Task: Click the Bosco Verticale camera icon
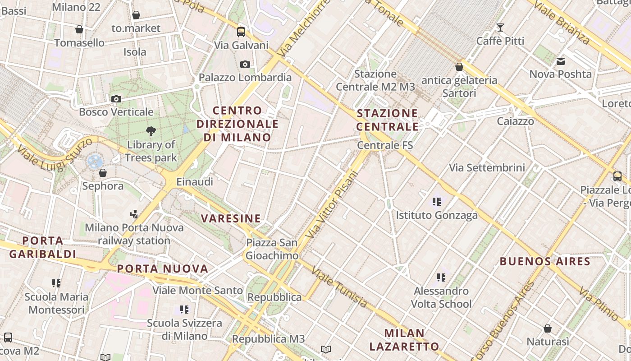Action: (x=116, y=99)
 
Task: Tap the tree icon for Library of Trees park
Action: (x=151, y=131)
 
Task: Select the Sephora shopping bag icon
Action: (x=103, y=173)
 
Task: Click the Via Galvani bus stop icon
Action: (x=241, y=32)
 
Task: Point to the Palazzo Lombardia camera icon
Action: (x=245, y=65)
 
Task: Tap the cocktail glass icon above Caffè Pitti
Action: (x=500, y=28)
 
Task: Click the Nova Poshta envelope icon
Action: (x=561, y=61)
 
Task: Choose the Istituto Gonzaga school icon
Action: (x=436, y=202)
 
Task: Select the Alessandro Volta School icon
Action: (x=441, y=277)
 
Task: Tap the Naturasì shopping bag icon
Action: (x=548, y=329)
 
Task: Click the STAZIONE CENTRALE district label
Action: (x=388, y=120)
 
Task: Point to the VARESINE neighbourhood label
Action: (x=231, y=219)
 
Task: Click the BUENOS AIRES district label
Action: (x=545, y=261)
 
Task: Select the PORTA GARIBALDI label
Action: (x=43, y=247)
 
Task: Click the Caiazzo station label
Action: (x=516, y=121)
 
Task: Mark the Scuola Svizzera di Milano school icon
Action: (x=184, y=310)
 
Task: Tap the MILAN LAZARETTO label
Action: (x=404, y=340)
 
